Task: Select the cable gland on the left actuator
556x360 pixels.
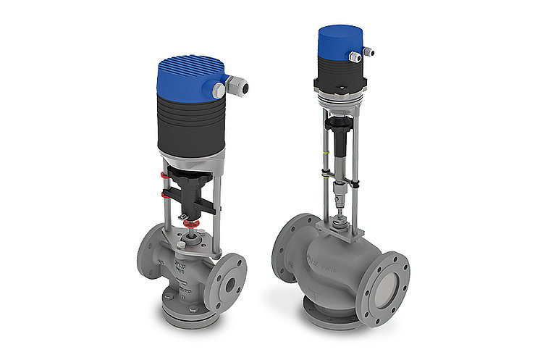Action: [236, 88]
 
